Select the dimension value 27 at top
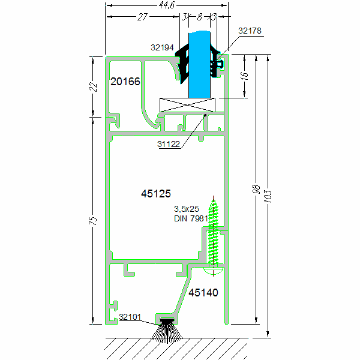pos(142,17)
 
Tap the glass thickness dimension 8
pos(199,17)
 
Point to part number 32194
pos(162,46)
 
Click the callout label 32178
pos(250,30)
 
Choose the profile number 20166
pos(125,82)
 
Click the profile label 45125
pos(156,193)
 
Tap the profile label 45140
pos(203,293)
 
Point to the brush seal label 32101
pos(130,317)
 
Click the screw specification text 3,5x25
pos(186,209)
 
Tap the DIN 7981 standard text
pos(190,218)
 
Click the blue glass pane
pos(200,66)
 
